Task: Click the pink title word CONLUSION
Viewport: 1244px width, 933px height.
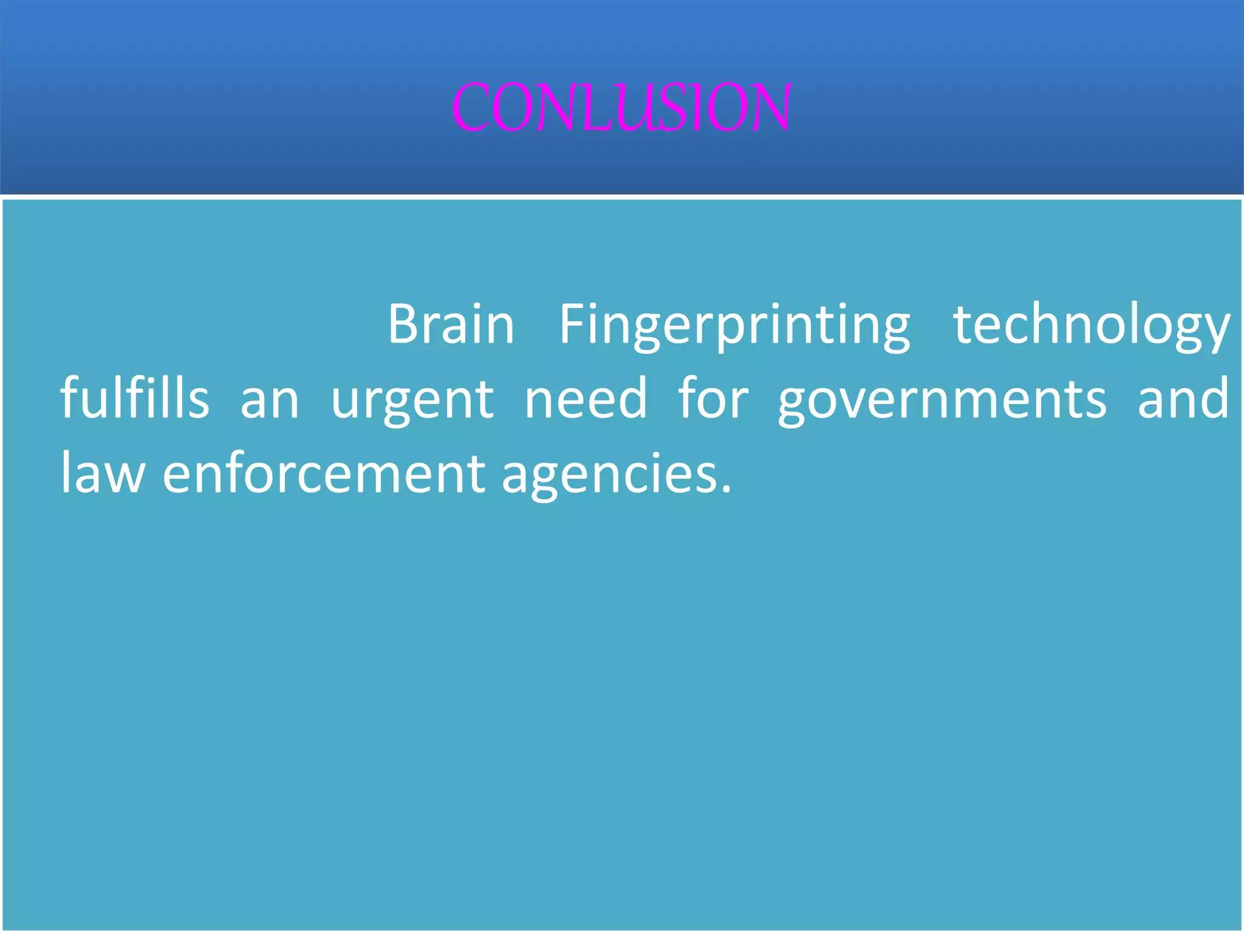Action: point(621,108)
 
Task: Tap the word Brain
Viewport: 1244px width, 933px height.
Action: point(451,324)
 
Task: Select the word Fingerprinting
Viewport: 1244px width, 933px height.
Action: point(734,326)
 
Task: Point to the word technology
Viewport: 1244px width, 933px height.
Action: point(1091,326)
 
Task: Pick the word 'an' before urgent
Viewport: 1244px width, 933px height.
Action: point(270,401)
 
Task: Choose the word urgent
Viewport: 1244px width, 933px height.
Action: point(412,401)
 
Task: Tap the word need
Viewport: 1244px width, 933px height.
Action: point(586,398)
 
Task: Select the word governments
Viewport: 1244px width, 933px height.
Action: point(942,401)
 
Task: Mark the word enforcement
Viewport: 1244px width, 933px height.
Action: point(323,473)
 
